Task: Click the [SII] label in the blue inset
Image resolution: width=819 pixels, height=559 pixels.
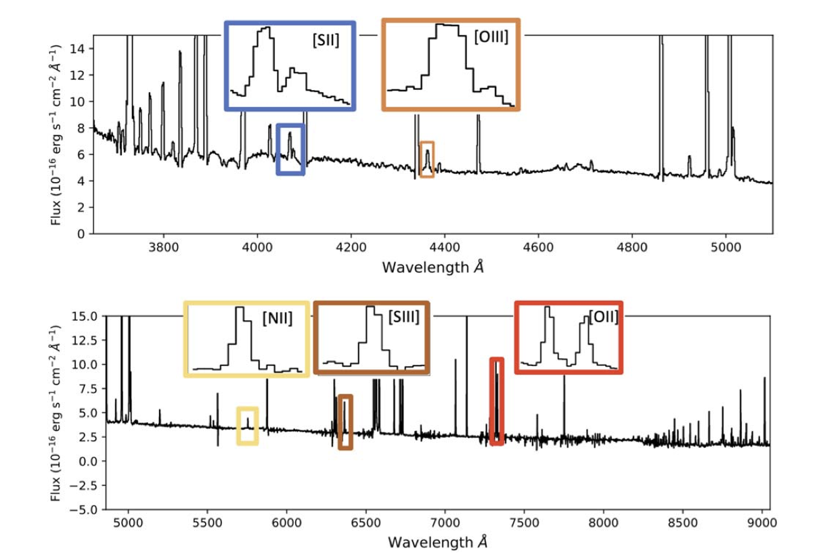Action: [326, 41]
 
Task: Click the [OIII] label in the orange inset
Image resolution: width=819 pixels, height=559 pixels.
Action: [491, 37]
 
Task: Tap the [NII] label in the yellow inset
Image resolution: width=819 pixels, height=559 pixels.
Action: [278, 318]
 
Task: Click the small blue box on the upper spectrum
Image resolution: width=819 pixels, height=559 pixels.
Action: [291, 150]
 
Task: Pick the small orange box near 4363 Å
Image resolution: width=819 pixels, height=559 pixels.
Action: [427, 160]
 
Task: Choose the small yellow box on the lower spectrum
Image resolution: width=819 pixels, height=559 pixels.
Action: [247, 426]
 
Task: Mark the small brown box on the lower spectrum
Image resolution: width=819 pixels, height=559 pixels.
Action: [345, 422]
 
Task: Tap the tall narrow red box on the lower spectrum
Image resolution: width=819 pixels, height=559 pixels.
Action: [497, 401]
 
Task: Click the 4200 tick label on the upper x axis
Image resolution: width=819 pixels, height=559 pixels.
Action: [351, 248]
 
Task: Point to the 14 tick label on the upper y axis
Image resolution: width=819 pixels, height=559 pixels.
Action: [79, 49]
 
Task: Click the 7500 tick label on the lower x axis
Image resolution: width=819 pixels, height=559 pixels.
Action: [524, 524]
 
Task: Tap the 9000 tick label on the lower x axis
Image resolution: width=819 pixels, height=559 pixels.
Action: [761, 524]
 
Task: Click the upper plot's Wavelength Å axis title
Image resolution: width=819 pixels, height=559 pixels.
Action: [433, 267]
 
